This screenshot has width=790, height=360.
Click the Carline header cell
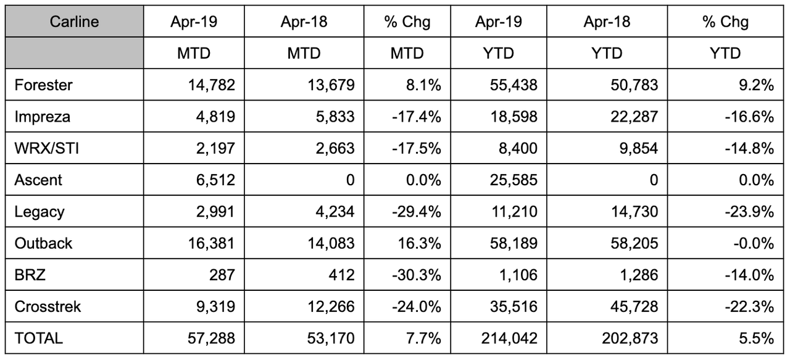(74, 22)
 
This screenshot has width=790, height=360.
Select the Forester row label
(43, 85)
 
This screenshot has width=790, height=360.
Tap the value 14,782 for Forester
(211, 85)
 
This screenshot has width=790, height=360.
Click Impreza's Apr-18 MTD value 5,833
(335, 117)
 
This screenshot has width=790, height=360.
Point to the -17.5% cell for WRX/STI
(416, 148)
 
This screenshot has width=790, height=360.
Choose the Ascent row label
(38, 180)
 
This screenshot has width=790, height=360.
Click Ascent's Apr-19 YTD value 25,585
(513, 180)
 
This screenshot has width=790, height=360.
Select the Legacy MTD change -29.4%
(416, 211)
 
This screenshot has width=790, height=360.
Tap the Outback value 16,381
(211, 243)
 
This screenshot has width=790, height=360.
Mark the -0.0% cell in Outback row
(754, 243)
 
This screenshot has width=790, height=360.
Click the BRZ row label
(30, 275)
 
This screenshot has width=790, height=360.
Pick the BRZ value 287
(222, 275)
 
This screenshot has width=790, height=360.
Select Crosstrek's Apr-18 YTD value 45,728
(634, 306)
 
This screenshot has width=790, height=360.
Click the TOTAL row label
(38, 338)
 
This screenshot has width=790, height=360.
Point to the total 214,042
(509, 338)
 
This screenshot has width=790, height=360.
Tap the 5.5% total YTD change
(757, 338)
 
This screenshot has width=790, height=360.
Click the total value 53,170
(331, 338)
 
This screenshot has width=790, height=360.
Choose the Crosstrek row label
(48, 306)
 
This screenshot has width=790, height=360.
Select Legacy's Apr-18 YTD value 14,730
(634, 211)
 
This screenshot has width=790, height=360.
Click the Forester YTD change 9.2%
(757, 85)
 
